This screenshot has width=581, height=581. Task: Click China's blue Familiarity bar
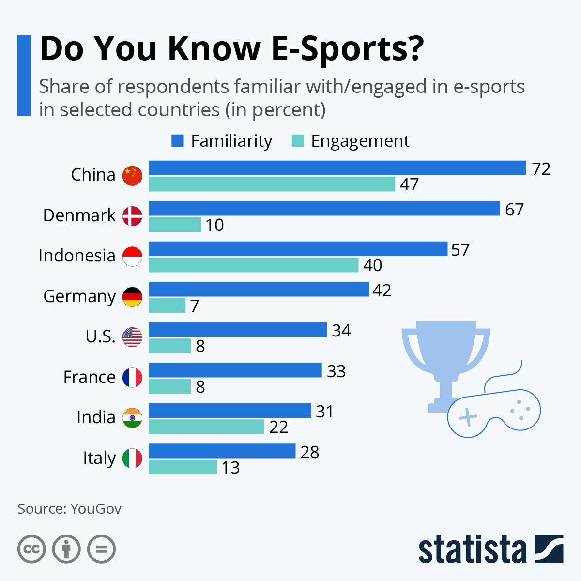(x=337, y=168)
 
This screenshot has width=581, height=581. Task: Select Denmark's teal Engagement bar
(x=175, y=225)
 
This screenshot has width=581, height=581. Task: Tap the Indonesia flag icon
(x=132, y=256)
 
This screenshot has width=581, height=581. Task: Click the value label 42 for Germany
(x=382, y=290)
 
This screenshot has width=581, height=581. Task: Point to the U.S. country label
(x=100, y=336)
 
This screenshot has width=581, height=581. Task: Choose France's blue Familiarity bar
(x=235, y=370)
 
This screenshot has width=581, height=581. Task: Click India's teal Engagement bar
(x=206, y=427)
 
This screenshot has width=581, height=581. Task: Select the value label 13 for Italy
(x=230, y=468)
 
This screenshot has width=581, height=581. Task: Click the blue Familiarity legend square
(x=178, y=141)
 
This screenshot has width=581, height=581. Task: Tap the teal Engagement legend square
(x=297, y=141)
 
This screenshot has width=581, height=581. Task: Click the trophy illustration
(x=445, y=358)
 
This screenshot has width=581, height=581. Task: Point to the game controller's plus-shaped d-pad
(x=468, y=417)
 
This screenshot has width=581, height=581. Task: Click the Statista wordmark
(x=472, y=550)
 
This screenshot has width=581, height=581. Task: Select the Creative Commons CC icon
(x=31, y=550)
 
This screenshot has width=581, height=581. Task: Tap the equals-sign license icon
(x=101, y=550)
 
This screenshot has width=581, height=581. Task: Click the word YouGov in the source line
(x=96, y=509)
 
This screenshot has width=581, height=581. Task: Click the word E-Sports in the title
(x=347, y=48)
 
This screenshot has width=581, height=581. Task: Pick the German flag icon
(x=132, y=296)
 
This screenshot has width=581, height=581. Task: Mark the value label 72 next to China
(x=541, y=169)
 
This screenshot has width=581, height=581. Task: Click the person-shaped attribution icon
(x=66, y=550)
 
